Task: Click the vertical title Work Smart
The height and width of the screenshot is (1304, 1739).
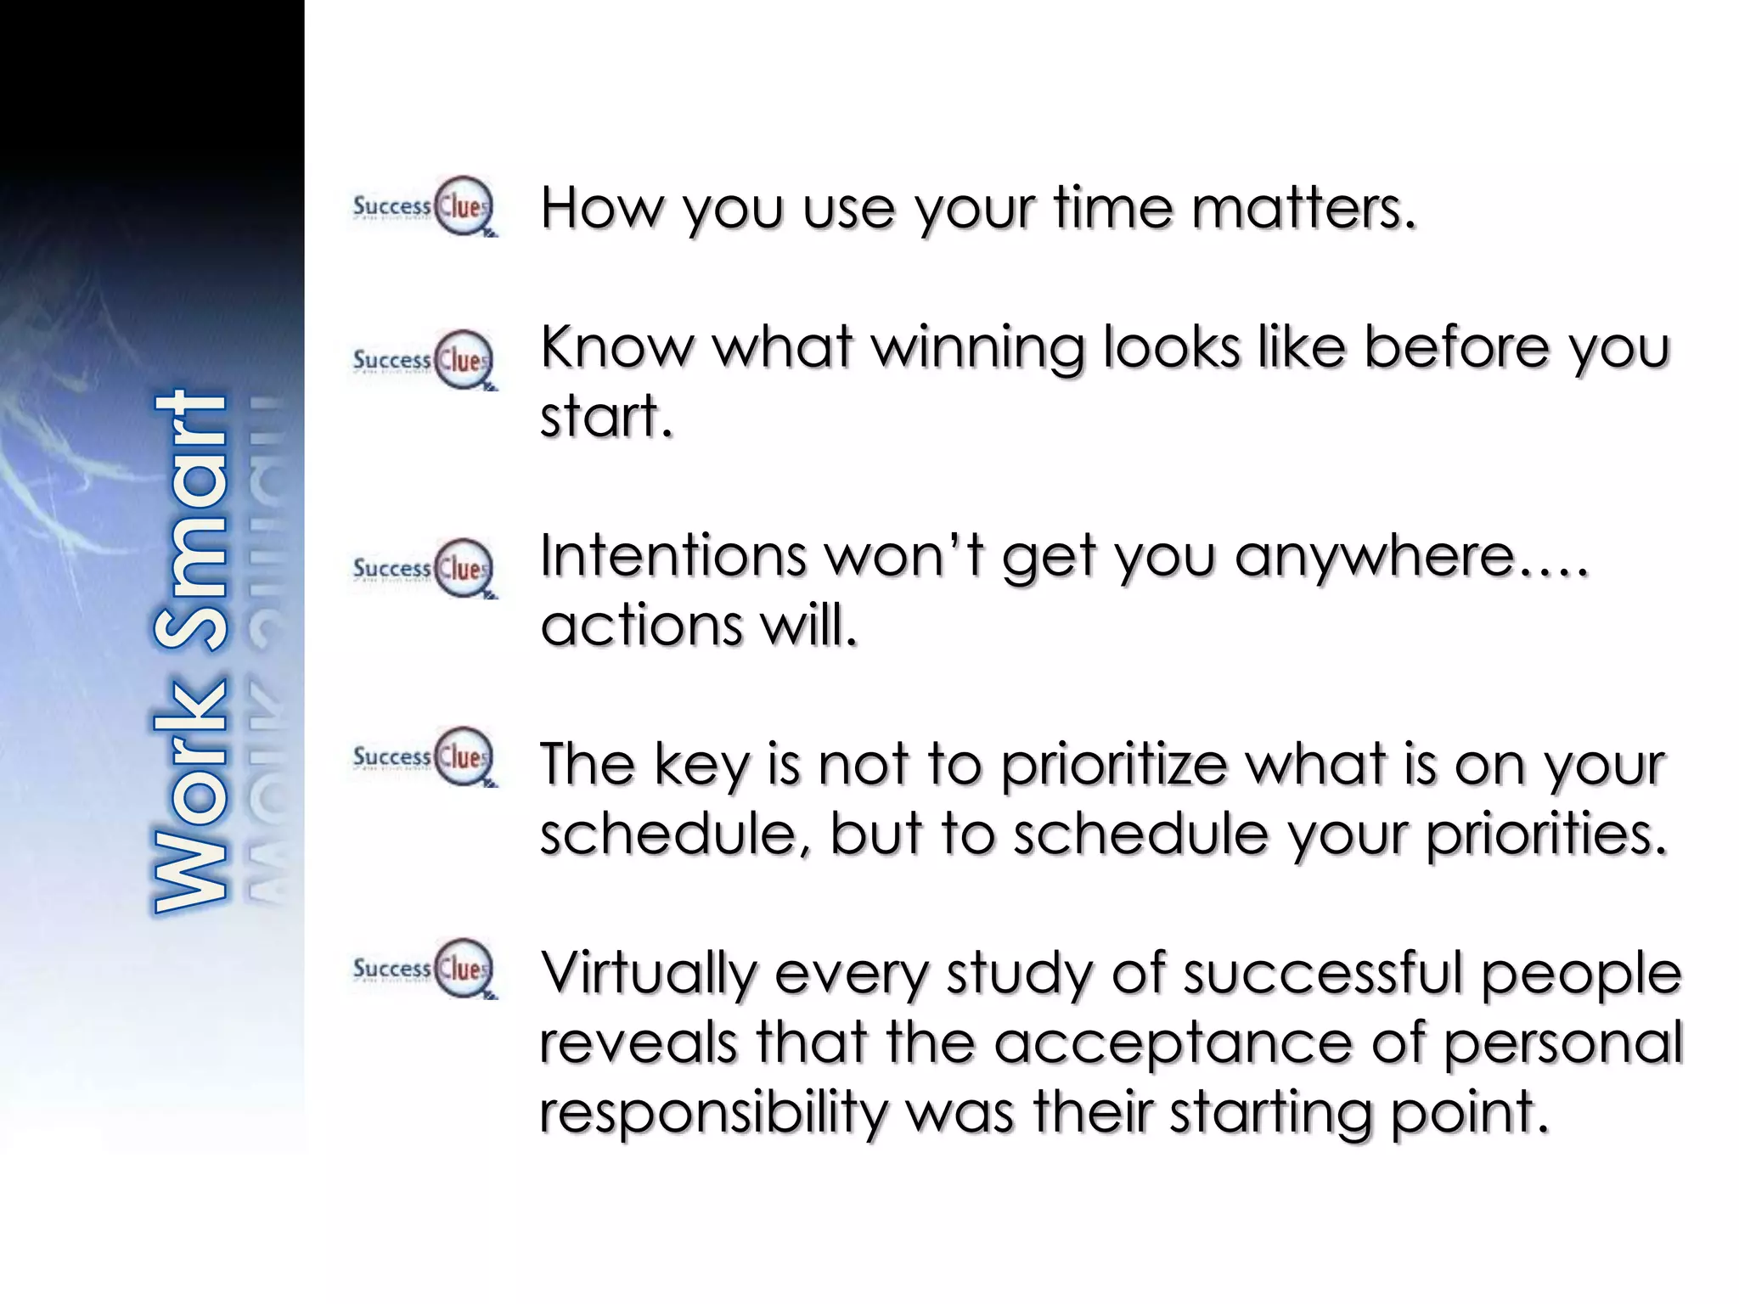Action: click(x=191, y=652)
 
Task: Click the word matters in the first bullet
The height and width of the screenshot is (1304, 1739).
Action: click(x=1303, y=208)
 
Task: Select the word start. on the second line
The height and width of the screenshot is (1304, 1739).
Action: click(x=606, y=418)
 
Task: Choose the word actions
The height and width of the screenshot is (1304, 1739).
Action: click(x=642, y=627)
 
